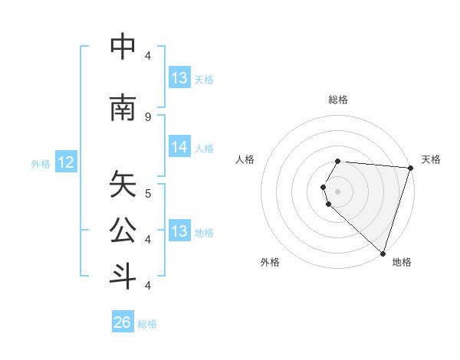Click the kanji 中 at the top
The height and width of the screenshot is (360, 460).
coord(123,47)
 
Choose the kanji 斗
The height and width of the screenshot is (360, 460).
coord(123,276)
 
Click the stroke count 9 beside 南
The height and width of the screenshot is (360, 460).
coord(148,116)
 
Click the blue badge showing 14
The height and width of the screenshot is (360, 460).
coord(179,148)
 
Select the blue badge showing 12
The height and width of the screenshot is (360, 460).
coord(66,162)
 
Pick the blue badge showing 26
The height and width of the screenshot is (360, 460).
coord(123,322)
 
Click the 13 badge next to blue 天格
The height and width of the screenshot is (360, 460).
coord(179,78)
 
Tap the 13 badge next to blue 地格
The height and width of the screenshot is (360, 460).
coord(179,231)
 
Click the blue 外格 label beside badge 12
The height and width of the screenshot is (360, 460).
coord(40,163)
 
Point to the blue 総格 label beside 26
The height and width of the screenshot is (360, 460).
coord(147,324)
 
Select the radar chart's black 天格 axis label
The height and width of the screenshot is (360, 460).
coord(432,159)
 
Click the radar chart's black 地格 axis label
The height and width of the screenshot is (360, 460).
coord(402,262)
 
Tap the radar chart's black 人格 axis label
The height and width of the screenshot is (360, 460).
coord(245,159)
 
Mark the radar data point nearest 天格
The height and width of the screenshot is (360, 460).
coord(410,168)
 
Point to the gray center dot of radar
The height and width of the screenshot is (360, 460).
coord(337,191)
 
